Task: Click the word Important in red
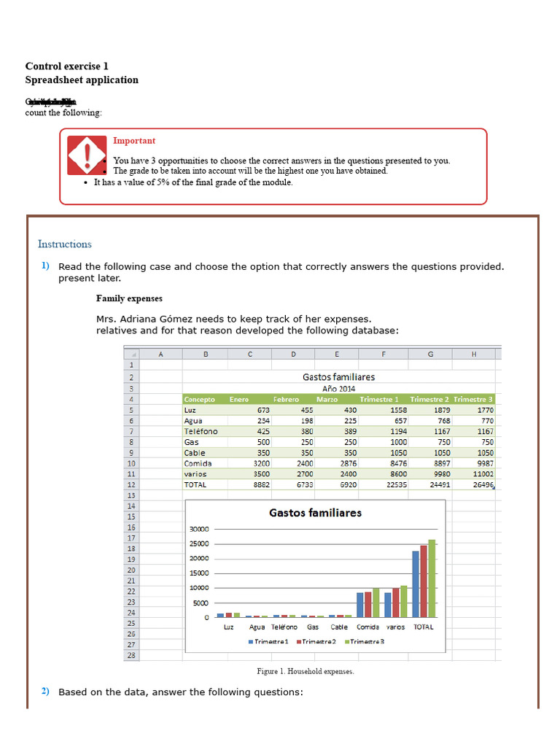coord(133,141)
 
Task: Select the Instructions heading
coord(65,244)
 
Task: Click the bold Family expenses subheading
coord(129,298)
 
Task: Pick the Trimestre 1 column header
coord(379,399)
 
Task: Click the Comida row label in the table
coord(198,463)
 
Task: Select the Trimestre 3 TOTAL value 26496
coord(481,484)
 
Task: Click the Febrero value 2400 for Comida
coord(303,463)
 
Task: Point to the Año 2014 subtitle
coord(338,389)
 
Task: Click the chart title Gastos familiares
coord(315,513)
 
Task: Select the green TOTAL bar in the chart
coord(432,578)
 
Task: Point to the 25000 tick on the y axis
coord(199,543)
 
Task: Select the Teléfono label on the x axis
coord(284,627)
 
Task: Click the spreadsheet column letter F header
coord(384,355)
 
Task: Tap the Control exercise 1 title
coord(66,66)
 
